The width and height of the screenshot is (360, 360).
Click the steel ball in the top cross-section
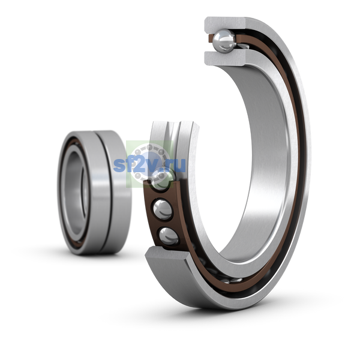pos(224,41)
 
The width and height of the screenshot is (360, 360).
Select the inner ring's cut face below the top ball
pos(226,58)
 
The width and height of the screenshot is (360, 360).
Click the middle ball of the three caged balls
pos(163,210)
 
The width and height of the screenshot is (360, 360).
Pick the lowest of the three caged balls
pos(169,236)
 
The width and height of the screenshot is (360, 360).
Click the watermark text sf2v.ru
pos(149,164)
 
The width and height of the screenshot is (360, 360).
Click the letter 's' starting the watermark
pos(118,166)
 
